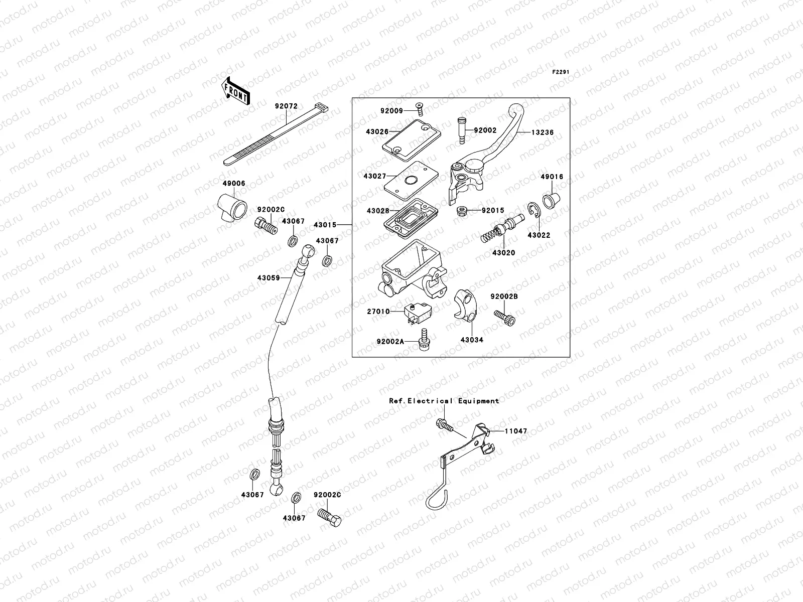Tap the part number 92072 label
pyautogui.click(x=286, y=106)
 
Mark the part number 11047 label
pyautogui.click(x=516, y=430)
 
